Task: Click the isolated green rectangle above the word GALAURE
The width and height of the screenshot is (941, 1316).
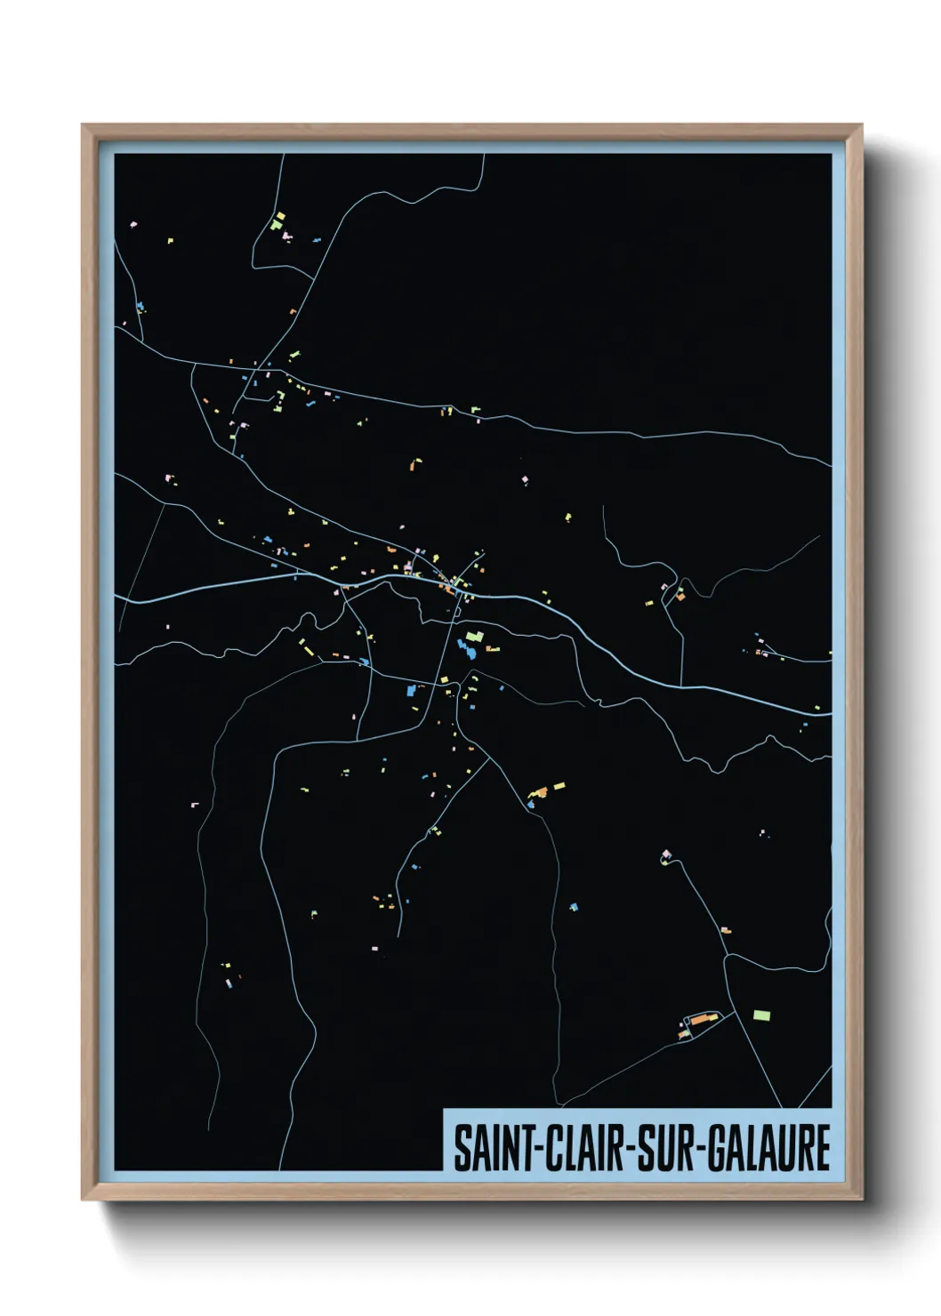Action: [x=761, y=1015]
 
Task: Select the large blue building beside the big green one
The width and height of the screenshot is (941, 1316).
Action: [x=463, y=647]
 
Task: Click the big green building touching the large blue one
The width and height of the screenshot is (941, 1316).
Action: [x=474, y=637]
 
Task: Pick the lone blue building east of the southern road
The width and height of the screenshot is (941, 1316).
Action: [x=574, y=907]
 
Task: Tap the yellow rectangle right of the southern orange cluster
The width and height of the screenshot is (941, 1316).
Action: [x=559, y=786]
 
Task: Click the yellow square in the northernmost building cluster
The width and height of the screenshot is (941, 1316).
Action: [x=279, y=216]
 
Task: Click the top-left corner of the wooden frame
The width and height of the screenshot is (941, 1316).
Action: [x=83, y=125]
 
